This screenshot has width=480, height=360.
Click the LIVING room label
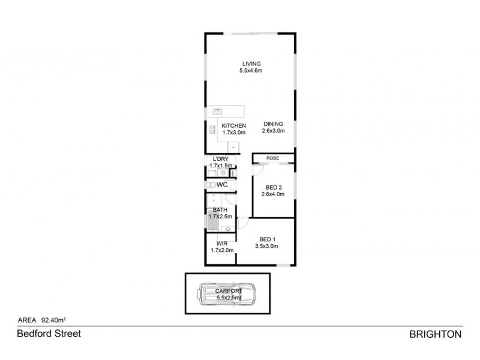251,64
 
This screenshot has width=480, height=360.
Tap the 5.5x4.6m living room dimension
251,71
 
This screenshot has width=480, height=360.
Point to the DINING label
273,125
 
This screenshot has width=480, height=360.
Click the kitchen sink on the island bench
217,111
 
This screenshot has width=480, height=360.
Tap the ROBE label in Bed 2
273,158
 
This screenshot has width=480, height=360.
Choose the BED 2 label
273,187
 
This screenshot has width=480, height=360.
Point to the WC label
222,185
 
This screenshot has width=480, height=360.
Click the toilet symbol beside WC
209,185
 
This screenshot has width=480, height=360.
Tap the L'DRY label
219,158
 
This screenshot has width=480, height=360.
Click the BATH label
220,209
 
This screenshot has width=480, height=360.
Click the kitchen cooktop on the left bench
211,128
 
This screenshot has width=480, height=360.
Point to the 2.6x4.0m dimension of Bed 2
273,194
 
